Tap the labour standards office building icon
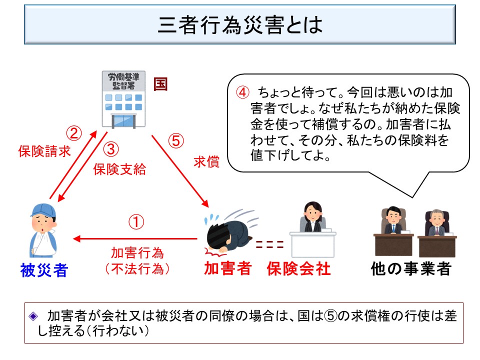point(119,98)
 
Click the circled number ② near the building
point(74,132)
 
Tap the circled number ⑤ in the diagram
point(176,141)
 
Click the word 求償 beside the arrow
point(206,162)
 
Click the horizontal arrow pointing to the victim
point(135,239)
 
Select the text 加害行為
point(137,253)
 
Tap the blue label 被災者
point(44,270)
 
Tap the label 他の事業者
point(411,269)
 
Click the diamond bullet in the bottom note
point(33,316)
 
